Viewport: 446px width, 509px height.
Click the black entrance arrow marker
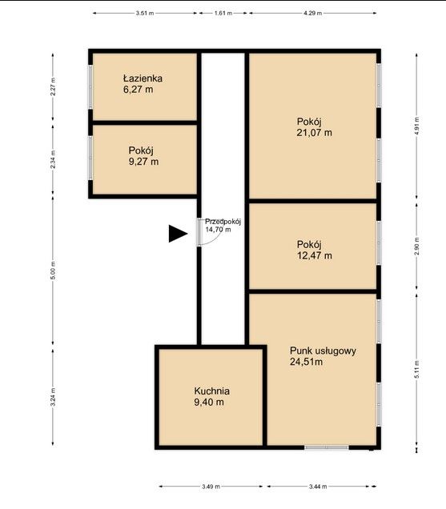tap(178, 234)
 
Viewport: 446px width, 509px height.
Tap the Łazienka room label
tap(143, 78)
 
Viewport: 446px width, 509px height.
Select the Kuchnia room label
tap(212, 391)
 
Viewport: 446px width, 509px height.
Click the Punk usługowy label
tap(323, 351)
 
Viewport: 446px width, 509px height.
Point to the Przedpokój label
tap(223, 222)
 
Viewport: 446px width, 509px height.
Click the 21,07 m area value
tap(314, 133)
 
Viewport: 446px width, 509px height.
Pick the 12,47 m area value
tap(315, 255)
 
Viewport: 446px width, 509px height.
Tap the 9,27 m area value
tap(143, 162)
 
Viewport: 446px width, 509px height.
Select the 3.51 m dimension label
tap(145, 14)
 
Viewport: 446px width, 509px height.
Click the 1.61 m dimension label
tap(223, 14)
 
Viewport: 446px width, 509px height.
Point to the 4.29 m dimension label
tap(312, 14)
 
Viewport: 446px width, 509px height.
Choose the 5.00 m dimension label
tap(54, 270)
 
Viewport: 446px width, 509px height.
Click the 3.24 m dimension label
tap(54, 397)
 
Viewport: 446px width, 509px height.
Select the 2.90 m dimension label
tap(416, 246)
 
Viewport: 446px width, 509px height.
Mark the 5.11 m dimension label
tap(416, 369)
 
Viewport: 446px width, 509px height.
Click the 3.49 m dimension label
tap(211, 487)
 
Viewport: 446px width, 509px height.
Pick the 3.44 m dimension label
tap(318, 487)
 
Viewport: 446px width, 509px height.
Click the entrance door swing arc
tap(217, 238)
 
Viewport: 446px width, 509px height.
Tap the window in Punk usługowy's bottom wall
tap(327, 447)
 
